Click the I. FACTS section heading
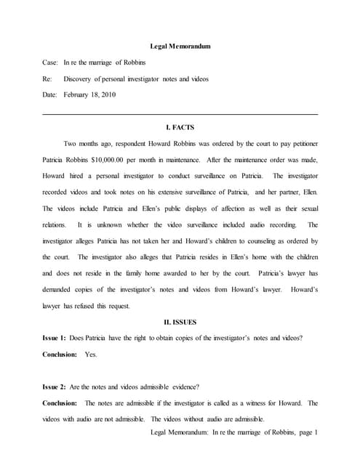pos(180,128)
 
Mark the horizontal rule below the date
pos(180,114)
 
